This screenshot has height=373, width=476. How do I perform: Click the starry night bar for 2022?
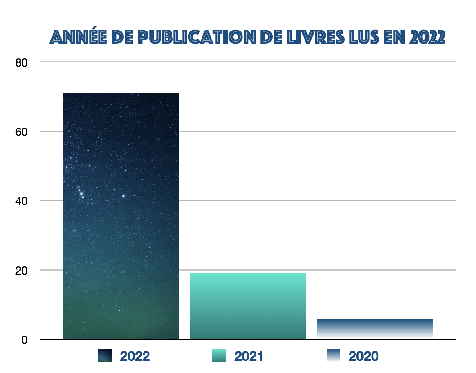pyautogui.click(x=121, y=216)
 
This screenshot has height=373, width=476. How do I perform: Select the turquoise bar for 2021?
pyautogui.click(x=248, y=306)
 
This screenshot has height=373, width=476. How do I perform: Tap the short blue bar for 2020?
pyautogui.click(x=375, y=328)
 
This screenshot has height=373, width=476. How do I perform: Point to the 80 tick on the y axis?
pyautogui.click(x=22, y=62)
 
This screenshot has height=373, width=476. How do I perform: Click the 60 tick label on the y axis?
pyautogui.click(x=22, y=132)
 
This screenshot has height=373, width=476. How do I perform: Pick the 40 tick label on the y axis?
pyautogui.click(x=22, y=201)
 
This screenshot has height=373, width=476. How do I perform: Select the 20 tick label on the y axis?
pyautogui.click(x=22, y=270)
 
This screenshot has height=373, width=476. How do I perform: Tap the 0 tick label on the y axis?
pyautogui.click(x=24, y=340)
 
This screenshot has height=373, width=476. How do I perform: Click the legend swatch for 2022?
pyautogui.click(x=105, y=356)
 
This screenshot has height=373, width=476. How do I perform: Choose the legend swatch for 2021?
pyautogui.click(x=219, y=356)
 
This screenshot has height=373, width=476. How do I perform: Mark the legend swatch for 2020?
pyautogui.click(x=333, y=356)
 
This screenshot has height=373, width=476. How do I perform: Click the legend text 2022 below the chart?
pyautogui.click(x=135, y=356)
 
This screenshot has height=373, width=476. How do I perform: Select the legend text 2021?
pyautogui.click(x=249, y=356)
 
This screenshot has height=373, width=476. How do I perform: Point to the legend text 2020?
pyautogui.click(x=364, y=356)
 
